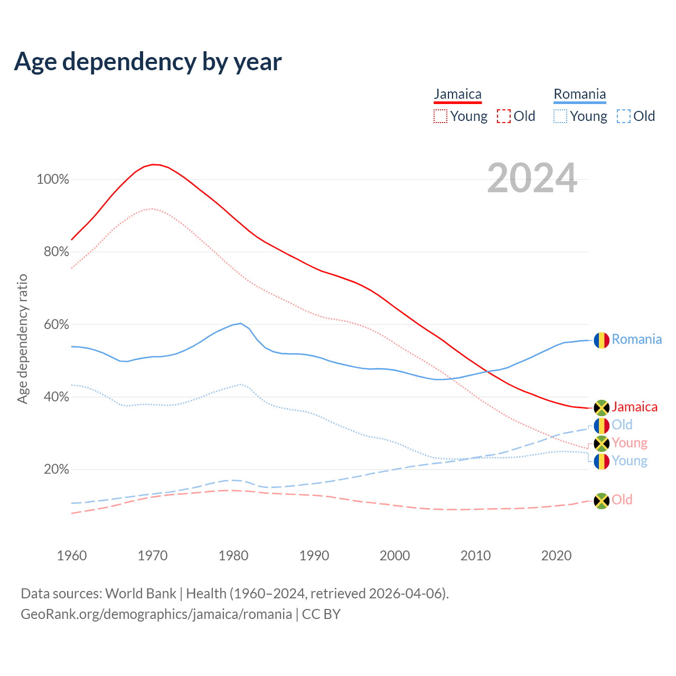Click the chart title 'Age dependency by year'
[x=148, y=61]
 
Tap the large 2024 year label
[x=532, y=178]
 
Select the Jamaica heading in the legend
[x=457, y=94]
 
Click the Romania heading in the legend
[x=579, y=94]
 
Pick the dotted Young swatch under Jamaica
[x=440, y=116]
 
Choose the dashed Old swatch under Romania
[x=624, y=116]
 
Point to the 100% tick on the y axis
[x=53, y=180]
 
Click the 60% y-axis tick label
[x=56, y=324]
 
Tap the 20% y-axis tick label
[x=56, y=469]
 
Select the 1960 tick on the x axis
[x=72, y=556]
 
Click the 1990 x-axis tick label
[x=314, y=556]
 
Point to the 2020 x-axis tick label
[x=557, y=556]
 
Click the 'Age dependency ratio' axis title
[x=22, y=339]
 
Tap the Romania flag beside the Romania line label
[x=602, y=340]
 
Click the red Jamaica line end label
[x=634, y=407]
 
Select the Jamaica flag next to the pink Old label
[x=602, y=501]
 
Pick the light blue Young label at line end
[x=630, y=461]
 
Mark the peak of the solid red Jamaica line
[x=153, y=164]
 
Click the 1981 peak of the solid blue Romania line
[x=241, y=323]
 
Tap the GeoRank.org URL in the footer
[x=156, y=614]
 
